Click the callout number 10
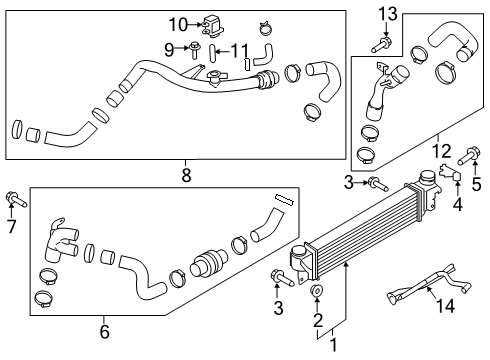(177, 24)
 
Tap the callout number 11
(239, 50)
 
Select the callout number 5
(476, 183)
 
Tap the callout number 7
(12, 225)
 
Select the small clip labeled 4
(452, 178)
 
